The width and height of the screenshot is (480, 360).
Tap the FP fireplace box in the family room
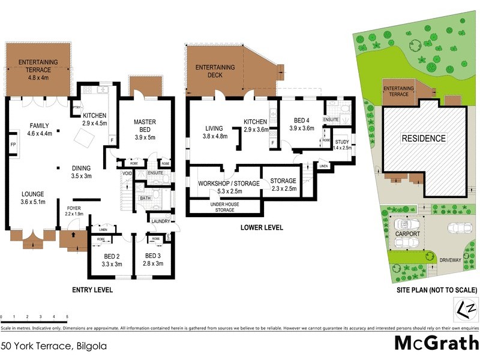12,146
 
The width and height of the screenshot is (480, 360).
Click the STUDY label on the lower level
341,142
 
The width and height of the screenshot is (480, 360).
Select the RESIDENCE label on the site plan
424,139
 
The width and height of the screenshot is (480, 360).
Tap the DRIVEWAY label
449,260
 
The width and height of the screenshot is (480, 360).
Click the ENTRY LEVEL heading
92,290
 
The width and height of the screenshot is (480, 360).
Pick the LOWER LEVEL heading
262,228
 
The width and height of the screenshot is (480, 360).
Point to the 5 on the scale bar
67,316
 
